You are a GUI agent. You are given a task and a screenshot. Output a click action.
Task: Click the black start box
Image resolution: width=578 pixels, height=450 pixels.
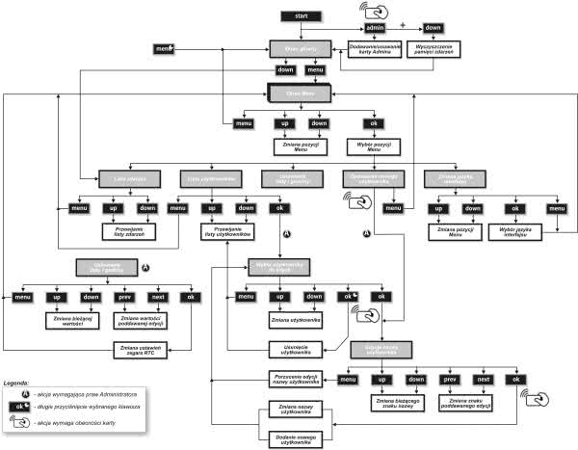(x=301, y=15)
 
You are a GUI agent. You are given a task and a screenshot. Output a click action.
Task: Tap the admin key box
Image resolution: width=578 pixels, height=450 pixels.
(x=376, y=28)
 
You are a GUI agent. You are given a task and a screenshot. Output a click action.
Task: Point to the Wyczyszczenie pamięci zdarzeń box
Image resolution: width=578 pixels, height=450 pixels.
(x=434, y=47)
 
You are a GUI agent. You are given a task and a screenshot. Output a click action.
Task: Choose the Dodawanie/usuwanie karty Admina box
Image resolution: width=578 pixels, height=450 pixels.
(x=369, y=47)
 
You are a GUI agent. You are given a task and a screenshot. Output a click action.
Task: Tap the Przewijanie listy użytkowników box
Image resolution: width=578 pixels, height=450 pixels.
(x=223, y=232)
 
